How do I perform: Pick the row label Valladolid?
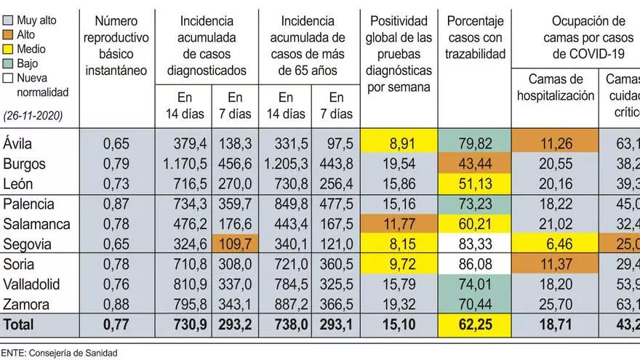point(31,284)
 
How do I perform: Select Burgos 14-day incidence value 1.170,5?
point(186,159)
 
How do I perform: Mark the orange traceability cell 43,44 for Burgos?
point(474,159)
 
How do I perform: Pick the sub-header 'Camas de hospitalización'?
point(555,87)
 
